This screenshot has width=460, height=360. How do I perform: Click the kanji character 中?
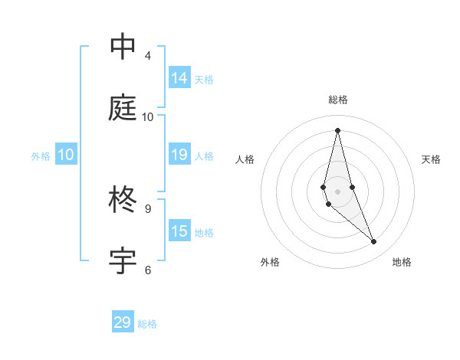[123, 47]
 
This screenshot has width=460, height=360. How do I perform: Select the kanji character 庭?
[123, 108]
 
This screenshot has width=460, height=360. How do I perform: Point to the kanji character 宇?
[123, 261]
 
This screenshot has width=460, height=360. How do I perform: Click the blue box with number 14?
[179, 78]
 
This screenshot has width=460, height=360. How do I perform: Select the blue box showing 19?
[179, 155]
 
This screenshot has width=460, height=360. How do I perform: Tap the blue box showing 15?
[179, 231]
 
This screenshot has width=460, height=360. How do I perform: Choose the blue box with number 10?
[66, 155]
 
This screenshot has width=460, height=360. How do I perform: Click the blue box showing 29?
[123, 322]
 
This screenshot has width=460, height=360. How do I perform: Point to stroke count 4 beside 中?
[148, 56]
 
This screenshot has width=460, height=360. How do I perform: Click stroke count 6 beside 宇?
[148, 270]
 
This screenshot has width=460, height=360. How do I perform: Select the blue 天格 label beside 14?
[204, 79]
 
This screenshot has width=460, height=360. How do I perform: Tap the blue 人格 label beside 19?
[204, 155]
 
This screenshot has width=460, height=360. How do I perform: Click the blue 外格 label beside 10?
[41, 155]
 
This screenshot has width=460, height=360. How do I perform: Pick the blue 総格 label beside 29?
[147, 323]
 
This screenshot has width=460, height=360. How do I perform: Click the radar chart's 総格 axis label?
[337, 100]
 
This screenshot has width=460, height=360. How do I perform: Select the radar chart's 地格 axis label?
[402, 262]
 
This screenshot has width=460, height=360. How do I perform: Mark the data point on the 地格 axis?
[374, 241]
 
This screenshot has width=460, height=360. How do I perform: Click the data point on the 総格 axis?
[337, 130]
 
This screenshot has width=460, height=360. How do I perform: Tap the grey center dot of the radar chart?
[337, 191]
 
